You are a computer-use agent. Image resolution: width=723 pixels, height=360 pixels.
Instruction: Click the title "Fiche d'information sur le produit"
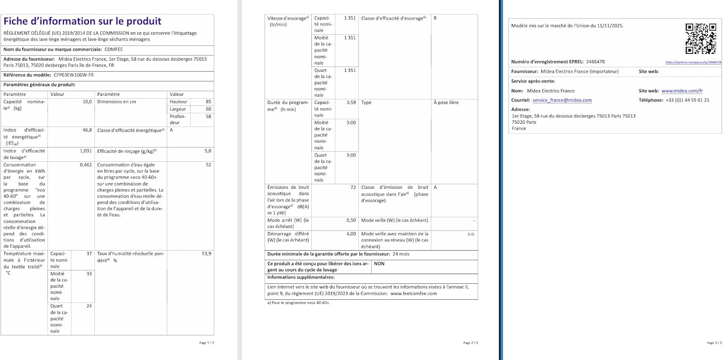coord(82,22)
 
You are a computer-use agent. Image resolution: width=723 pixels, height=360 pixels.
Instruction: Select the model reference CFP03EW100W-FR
coord(74,76)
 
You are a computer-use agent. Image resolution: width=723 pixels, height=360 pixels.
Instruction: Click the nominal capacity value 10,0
coord(87,102)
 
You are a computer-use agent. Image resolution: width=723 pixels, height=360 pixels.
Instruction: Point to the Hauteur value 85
coord(208,102)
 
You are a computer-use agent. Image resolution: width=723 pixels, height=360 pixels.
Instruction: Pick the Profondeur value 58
coord(208,117)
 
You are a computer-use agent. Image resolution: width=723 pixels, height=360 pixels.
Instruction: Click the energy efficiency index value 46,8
coord(87,130)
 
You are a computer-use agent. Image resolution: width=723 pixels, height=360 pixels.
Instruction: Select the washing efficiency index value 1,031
coord(85,151)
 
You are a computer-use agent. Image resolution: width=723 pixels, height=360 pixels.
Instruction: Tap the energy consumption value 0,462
coord(85,165)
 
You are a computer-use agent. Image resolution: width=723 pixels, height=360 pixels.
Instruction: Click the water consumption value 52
coord(208,165)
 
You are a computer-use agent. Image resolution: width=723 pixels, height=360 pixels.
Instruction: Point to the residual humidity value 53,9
coord(206,253)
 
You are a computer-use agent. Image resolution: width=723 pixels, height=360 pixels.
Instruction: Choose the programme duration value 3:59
coord(351,103)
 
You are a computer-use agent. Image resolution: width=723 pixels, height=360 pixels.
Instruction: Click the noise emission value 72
coord(353,187)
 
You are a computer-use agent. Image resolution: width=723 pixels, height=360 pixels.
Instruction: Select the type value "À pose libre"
coord(446,103)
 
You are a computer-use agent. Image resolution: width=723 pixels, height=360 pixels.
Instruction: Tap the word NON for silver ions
coord(379,264)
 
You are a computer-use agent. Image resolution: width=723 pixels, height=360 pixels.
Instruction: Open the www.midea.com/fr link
coord(682,91)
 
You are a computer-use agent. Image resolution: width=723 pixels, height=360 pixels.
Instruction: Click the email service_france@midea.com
coord(562,100)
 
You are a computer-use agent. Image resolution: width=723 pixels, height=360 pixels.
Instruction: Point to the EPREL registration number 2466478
coord(595,62)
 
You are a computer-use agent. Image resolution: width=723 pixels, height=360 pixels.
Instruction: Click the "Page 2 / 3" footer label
coord(470,343)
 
